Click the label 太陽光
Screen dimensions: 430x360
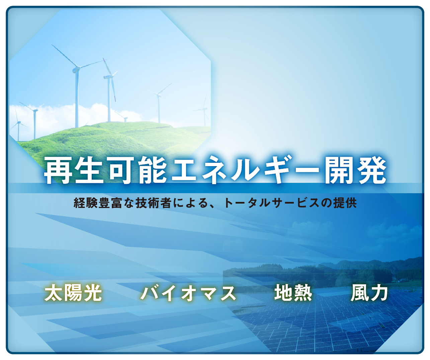(x=73, y=293)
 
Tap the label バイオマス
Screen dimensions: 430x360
(x=188, y=293)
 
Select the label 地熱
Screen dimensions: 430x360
(x=293, y=293)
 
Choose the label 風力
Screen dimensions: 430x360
(x=369, y=293)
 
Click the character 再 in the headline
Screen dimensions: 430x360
(x=58, y=170)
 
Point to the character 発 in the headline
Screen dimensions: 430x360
(x=371, y=170)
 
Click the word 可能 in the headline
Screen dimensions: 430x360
(x=137, y=170)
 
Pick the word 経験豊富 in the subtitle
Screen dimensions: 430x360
(x=98, y=203)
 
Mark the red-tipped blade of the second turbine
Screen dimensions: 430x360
(x=107, y=67)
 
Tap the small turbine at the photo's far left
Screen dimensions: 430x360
(x=18, y=125)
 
